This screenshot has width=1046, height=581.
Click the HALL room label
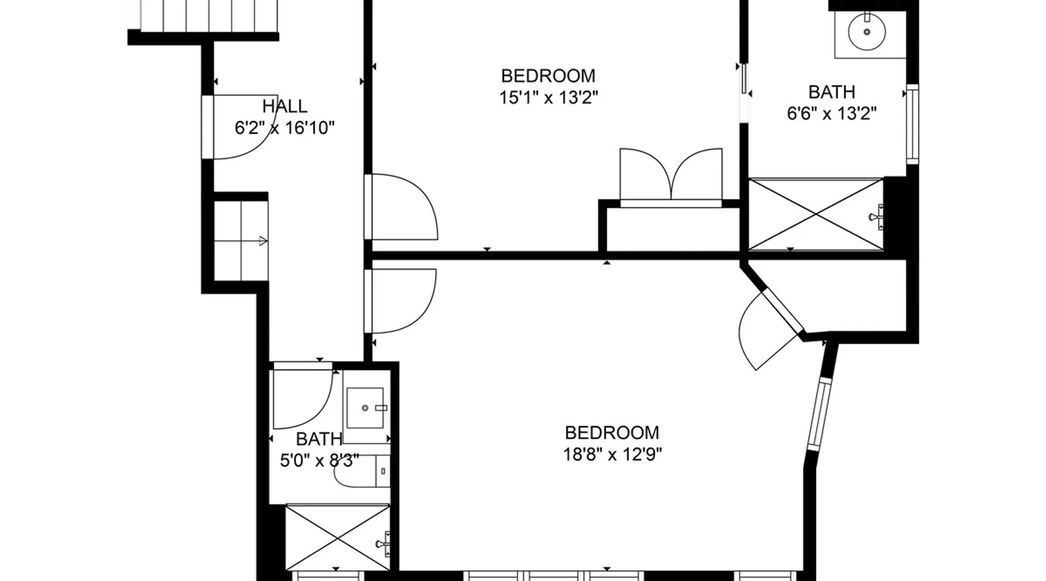285,106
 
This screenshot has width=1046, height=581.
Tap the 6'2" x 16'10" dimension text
285,128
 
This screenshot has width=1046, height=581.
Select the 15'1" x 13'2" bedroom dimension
549,97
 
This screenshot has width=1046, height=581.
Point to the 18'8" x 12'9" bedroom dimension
612,454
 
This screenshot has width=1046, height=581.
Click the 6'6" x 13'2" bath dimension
832,113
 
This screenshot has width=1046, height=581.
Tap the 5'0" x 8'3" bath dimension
319,461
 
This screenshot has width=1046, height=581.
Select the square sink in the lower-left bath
366,408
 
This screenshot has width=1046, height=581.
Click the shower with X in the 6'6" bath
815,215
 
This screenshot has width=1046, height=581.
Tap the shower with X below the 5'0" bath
337,537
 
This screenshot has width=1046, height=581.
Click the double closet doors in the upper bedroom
671,174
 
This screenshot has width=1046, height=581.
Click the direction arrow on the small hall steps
263,241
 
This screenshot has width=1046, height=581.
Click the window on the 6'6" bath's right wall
912,124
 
